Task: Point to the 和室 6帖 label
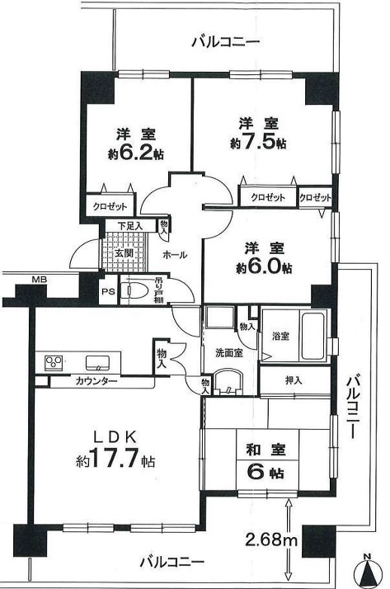click(x=262, y=462)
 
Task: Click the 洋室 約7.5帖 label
click(x=258, y=133)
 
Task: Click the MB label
click(x=39, y=279)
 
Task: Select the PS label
click(x=107, y=290)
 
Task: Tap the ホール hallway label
click(x=176, y=255)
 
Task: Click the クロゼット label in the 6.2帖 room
click(x=108, y=206)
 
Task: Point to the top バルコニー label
click(x=224, y=40)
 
